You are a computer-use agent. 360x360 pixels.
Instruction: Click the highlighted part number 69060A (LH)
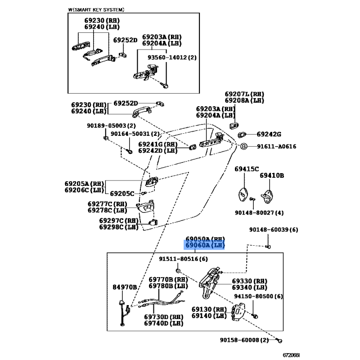pyautogui.click(x=203, y=245)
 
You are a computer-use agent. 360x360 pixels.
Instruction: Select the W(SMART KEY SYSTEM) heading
pyautogui.click(x=96, y=9)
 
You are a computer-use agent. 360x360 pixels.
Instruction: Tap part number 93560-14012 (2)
pyautogui.click(x=172, y=58)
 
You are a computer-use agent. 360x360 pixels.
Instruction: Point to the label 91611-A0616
pyautogui.click(x=277, y=146)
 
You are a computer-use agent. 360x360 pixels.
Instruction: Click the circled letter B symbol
pyautogui.click(x=243, y=146)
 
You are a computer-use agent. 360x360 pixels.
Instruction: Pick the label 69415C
pyautogui.click(x=247, y=169)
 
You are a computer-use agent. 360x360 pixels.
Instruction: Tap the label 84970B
pyautogui.click(x=125, y=287)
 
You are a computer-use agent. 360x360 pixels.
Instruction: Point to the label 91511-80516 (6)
pyautogui.click(x=183, y=259)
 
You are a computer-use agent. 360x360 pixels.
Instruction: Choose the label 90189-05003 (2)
pyautogui.click(x=105, y=126)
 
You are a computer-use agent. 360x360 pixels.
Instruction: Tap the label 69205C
pyautogui.click(x=122, y=193)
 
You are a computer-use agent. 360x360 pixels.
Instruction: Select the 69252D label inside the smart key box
pyautogui.click(x=125, y=40)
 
